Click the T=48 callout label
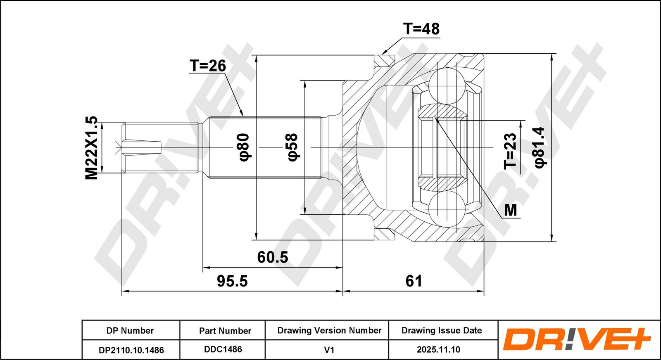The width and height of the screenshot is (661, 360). (421, 29)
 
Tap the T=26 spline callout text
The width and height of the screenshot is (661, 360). (208, 66)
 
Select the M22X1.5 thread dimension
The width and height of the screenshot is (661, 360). (91, 148)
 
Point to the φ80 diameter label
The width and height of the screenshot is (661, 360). (244, 147)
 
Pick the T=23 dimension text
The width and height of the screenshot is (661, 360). (510, 151)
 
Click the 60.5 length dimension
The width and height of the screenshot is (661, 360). (272, 257)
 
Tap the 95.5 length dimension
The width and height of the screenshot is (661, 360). (232, 281)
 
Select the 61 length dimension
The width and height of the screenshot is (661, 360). (414, 281)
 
